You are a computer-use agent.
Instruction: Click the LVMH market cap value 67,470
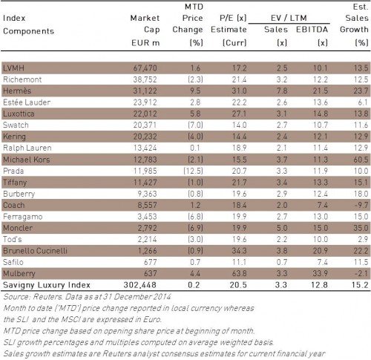[145, 68]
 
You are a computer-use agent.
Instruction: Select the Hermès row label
[17, 91]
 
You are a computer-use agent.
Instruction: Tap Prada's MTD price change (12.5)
[193, 171]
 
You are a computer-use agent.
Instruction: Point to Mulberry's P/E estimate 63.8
[239, 273]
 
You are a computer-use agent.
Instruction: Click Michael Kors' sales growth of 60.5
[361, 160]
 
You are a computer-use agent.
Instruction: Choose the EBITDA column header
[312, 30]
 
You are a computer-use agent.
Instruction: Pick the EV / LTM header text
[289, 18]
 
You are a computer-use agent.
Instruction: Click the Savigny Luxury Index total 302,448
[140, 285]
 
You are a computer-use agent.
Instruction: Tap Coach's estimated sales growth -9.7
[361, 205]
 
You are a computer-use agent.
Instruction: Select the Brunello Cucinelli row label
[35, 251]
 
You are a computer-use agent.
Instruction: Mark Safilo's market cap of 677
[150, 262]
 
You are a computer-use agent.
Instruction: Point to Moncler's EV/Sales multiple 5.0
[282, 228]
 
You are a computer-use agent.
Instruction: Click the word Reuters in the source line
[47, 296]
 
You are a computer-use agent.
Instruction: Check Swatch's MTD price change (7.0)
[196, 125]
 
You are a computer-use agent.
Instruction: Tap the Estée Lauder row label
[27, 102]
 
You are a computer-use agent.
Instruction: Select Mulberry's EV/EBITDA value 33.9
[321, 273]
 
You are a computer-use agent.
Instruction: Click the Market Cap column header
[145, 24]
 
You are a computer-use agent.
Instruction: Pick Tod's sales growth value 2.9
[363, 239]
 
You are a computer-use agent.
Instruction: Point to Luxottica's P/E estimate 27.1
[239, 114]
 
